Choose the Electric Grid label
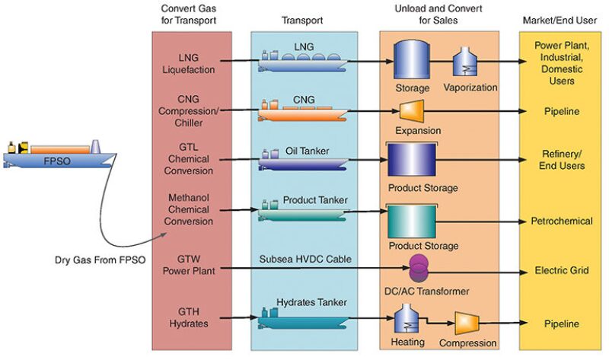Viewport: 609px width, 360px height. pos(561,269)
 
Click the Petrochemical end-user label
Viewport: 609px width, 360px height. pos(561,221)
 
